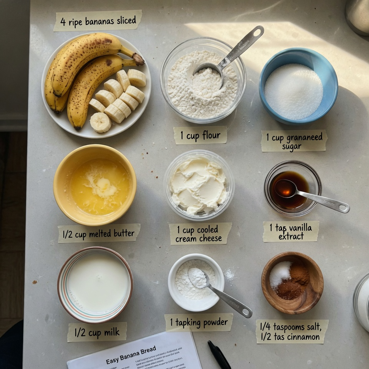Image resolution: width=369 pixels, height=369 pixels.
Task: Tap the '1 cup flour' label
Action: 200,135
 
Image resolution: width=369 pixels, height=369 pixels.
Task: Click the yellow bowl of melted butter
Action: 95,184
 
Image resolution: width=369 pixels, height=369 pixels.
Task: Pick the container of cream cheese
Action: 199,185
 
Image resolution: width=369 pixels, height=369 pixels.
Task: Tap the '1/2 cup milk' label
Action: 97,332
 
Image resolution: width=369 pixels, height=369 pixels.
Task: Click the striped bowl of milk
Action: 95,284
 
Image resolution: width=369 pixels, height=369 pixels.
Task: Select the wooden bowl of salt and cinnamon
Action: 292,283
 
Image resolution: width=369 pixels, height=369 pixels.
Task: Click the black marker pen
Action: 219,355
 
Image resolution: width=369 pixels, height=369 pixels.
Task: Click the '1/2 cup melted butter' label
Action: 99,233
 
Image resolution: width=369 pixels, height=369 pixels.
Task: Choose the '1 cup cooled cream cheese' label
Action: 200,234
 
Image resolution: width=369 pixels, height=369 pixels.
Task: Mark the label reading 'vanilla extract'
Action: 291,232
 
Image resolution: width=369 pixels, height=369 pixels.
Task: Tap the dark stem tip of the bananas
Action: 139,59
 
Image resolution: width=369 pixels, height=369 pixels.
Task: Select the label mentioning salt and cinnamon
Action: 292,331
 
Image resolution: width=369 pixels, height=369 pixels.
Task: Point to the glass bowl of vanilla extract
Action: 292,188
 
